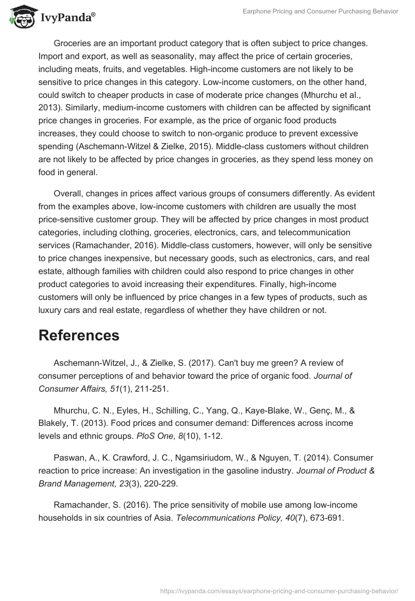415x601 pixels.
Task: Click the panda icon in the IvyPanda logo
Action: point(20,18)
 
